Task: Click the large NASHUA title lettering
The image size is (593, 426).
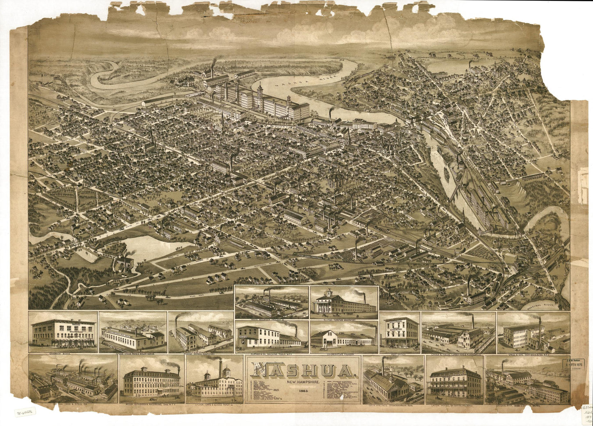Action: pos(302,370)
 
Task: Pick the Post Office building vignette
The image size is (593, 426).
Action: pos(400,332)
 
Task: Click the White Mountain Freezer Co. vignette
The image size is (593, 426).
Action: pos(271,303)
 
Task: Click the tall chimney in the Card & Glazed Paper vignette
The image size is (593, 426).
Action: pos(220,369)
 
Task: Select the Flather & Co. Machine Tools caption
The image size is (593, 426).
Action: pos(271,353)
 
